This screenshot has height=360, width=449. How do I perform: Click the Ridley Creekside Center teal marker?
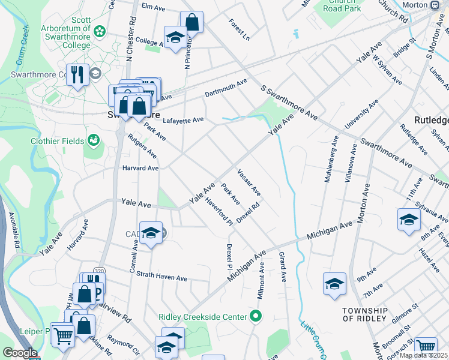[256, 315]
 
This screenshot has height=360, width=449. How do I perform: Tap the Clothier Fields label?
[56, 142]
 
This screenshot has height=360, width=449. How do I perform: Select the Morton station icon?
[435, 4]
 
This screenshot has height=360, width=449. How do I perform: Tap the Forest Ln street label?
[238, 30]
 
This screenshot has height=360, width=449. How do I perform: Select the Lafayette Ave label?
[183, 120]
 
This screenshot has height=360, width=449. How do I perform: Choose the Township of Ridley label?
[364, 314]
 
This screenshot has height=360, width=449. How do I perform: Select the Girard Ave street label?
[282, 267]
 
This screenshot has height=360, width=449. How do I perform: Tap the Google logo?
[20, 353]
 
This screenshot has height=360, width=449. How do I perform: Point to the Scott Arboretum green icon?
[100, 30]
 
